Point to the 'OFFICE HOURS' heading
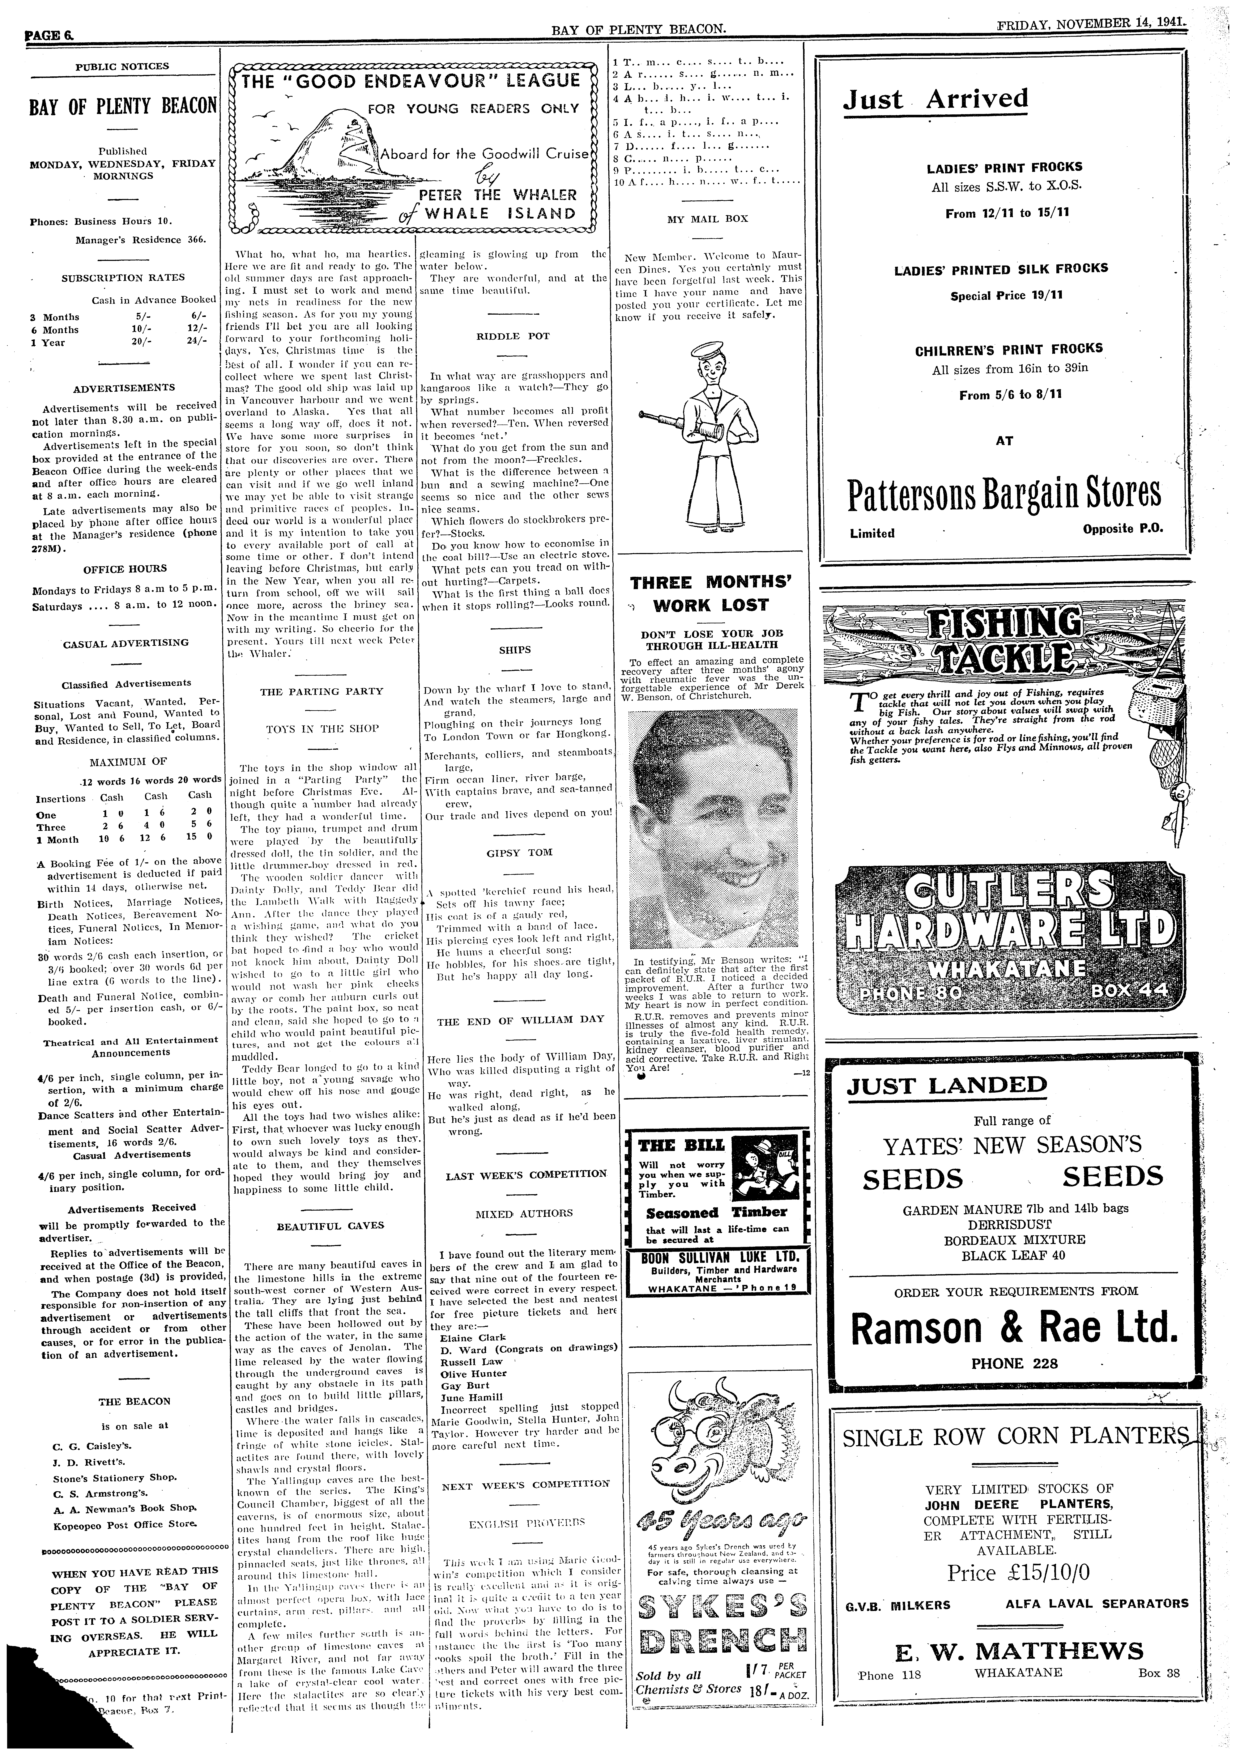(125, 569)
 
